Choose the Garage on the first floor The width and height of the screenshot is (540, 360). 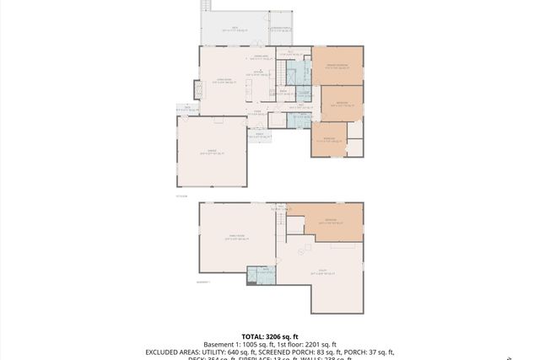[x=212, y=152]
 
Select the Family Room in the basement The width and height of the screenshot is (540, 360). [x=236, y=238]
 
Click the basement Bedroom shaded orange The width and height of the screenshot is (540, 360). [x=331, y=223]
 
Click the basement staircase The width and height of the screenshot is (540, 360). [x=280, y=224]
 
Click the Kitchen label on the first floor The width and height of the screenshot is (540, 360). [x=261, y=73]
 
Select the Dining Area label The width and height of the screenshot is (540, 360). [x=262, y=56]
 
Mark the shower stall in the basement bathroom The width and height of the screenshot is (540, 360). [x=252, y=275]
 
